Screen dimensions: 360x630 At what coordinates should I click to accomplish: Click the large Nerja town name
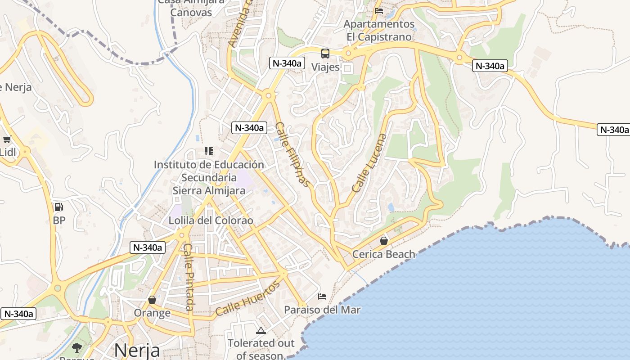[137, 350]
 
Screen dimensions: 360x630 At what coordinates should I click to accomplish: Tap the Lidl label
[8, 152]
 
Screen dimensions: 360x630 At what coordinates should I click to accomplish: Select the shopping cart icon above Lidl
[7, 139]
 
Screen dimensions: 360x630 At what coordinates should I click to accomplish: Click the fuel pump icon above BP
[58, 207]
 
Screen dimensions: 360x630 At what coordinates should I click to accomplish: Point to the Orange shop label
[152, 313]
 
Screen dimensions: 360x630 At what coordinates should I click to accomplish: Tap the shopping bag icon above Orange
[152, 300]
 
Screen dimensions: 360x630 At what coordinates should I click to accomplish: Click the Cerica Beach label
[383, 254]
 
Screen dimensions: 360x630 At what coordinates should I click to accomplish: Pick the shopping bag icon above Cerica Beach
[383, 241]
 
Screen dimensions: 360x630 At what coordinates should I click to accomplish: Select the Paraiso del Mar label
[322, 310]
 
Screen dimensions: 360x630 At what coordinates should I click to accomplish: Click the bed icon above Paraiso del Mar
[322, 297]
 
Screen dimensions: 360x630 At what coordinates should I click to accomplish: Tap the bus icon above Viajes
[325, 54]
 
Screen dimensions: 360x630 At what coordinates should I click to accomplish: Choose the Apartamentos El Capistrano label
[379, 30]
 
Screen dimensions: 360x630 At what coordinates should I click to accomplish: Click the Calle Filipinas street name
[293, 154]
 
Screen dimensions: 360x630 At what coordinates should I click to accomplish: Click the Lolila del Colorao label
[211, 221]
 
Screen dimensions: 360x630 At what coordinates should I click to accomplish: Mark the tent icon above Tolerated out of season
[261, 331]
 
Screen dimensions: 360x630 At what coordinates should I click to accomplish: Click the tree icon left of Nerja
[77, 347]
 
